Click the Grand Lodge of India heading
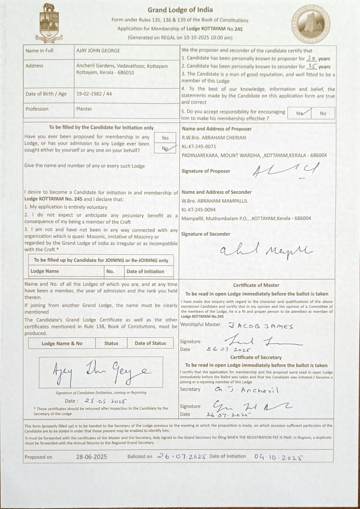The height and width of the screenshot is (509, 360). pos(180,10)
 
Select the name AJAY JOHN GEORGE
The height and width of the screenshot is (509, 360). pos(98,51)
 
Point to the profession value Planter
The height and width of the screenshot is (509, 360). pos(84,109)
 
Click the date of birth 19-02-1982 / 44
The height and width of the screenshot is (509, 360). pos(94,94)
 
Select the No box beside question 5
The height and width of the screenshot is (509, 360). pos(323,113)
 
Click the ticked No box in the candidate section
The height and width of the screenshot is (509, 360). pos(165,149)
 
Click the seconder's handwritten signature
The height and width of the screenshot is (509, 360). pos(266,250)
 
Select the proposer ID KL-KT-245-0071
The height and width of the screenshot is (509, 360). pos(199,146)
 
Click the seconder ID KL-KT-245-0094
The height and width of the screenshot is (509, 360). pos(199,210)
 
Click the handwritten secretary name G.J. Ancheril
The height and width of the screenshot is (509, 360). pos(246,390)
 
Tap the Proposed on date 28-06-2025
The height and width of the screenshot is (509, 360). pos(91,457)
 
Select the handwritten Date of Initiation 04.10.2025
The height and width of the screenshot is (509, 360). pos(278,457)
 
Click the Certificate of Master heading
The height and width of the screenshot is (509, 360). pos(256,285)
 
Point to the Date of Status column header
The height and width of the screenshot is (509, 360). pos(150,343)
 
